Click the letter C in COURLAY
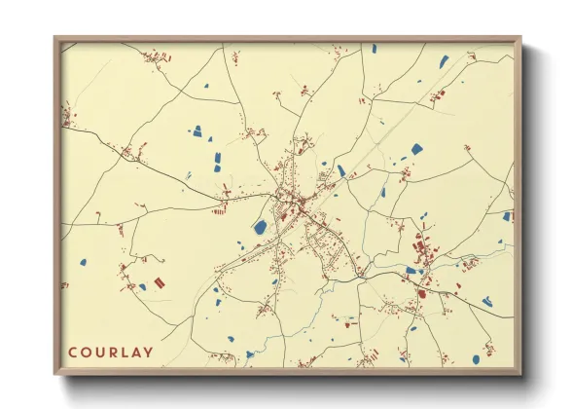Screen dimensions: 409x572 pyautogui.click(x=73, y=353)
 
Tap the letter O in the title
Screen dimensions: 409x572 pyautogui.click(x=87, y=353)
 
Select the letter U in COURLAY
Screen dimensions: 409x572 pyautogui.click(x=100, y=353)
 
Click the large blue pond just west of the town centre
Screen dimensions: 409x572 pyautogui.click(x=261, y=227)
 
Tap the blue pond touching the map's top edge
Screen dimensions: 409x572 pyautogui.click(x=373, y=47)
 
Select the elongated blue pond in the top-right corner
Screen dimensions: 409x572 pyautogui.click(x=444, y=61)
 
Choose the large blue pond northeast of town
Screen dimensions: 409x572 pyautogui.click(x=417, y=149)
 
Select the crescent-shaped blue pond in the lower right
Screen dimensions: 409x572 pyautogui.click(x=487, y=302)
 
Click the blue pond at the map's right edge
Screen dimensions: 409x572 pyautogui.click(x=507, y=216)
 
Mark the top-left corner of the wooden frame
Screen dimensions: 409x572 pyautogui.click(x=55, y=38)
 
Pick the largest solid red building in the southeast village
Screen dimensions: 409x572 pyautogui.click(x=423, y=291)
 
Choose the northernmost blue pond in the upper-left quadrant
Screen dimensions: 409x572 pyautogui.click(x=206, y=87)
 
